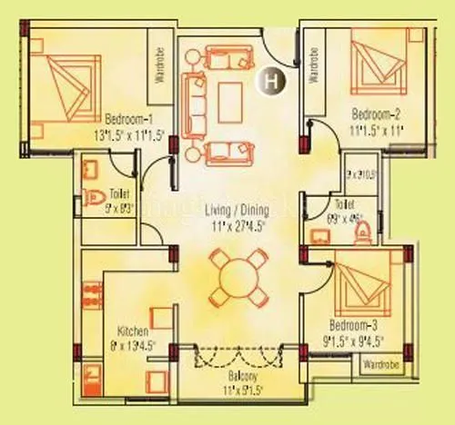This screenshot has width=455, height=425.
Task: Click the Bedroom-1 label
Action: click(x=127, y=120)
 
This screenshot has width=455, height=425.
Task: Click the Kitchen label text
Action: click(x=133, y=331)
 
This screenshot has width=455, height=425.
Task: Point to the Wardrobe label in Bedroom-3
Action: click(x=381, y=365)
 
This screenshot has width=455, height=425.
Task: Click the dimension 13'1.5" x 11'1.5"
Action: click(x=127, y=133)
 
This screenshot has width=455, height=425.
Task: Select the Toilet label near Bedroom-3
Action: click(x=344, y=204)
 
